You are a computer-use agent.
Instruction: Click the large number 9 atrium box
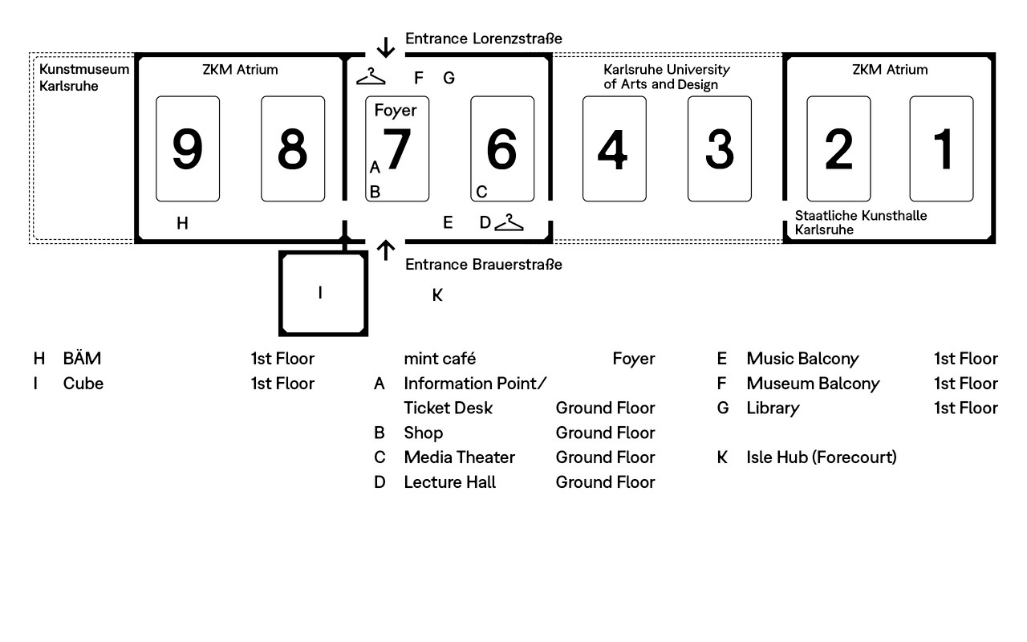tap(188, 148)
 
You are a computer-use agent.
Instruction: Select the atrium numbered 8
tap(293, 148)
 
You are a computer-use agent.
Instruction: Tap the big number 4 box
tap(615, 148)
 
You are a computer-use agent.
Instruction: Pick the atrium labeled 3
tap(720, 148)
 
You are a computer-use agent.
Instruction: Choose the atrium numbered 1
tap(941, 148)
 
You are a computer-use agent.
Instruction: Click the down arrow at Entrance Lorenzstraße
tap(386, 47)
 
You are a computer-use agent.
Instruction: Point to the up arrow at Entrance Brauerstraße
tap(386, 250)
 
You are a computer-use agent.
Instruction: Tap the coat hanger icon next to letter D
tap(509, 222)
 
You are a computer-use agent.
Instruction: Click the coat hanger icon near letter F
tap(371, 76)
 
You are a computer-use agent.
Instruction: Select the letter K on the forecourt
tap(437, 295)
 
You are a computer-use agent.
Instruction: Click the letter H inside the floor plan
tap(182, 223)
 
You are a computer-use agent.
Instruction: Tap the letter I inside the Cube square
tap(320, 293)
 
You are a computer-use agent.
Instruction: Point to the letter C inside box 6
tap(481, 192)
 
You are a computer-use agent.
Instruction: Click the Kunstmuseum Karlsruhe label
tap(84, 78)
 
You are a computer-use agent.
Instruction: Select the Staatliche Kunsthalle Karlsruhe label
tap(861, 222)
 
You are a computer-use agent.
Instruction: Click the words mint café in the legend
tap(440, 359)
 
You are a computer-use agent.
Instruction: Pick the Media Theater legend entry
tap(460, 457)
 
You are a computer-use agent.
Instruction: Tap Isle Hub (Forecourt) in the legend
tap(821, 457)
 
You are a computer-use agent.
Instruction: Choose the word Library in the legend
tap(773, 408)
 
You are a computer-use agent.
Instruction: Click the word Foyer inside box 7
tap(396, 111)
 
